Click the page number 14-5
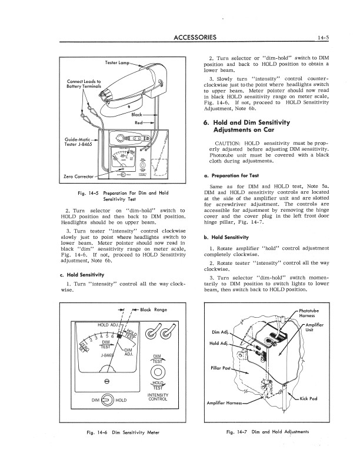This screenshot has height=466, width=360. tap(323, 39)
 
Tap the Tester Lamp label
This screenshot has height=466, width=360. tap(116, 62)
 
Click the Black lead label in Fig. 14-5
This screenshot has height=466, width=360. tap(137, 114)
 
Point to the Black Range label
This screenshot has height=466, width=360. tap(154, 309)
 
